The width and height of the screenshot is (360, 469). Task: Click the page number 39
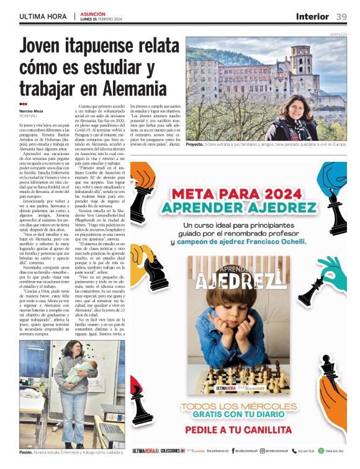341,17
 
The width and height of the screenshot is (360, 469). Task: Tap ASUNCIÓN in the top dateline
92,13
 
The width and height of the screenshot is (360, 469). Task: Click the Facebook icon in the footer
233,450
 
